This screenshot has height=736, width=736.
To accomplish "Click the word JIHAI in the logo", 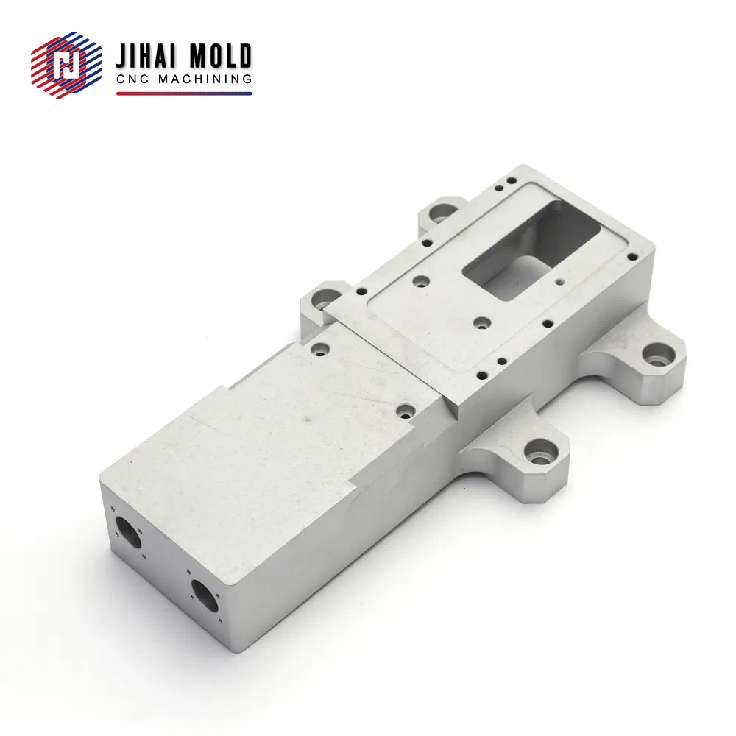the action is coord(146,57).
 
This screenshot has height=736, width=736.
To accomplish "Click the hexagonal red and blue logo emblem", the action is coord(66,65).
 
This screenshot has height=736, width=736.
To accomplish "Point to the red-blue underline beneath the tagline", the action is coord(184,94).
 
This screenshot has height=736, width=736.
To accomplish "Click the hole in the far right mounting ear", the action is coord(657,355).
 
